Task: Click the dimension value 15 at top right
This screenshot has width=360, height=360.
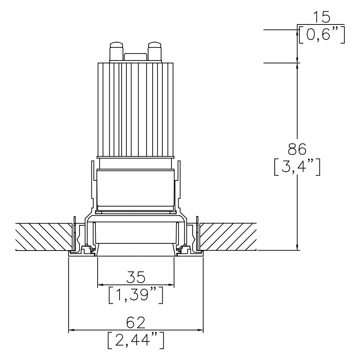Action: [x=321, y=18]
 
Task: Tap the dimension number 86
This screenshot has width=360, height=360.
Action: [x=297, y=149]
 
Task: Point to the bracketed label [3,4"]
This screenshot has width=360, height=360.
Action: [x=297, y=167]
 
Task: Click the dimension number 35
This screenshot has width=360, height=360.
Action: [x=136, y=278]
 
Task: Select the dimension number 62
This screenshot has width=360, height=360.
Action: [x=136, y=322]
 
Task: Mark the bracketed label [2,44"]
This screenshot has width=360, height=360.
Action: [x=136, y=340]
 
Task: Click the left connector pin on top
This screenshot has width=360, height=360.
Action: [x=116, y=51]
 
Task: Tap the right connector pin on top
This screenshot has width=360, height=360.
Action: [x=155, y=51]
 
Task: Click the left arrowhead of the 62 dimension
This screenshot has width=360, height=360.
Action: [x=71, y=329]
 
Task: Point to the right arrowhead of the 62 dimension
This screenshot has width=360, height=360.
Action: [x=201, y=329]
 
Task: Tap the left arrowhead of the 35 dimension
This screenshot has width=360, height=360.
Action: [x=100, y=285]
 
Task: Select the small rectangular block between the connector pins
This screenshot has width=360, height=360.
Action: [x=135, y=57]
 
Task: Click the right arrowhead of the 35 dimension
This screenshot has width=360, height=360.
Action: [x=172, y=285]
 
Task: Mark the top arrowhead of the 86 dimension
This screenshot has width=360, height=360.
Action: [x=297, y=66]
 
